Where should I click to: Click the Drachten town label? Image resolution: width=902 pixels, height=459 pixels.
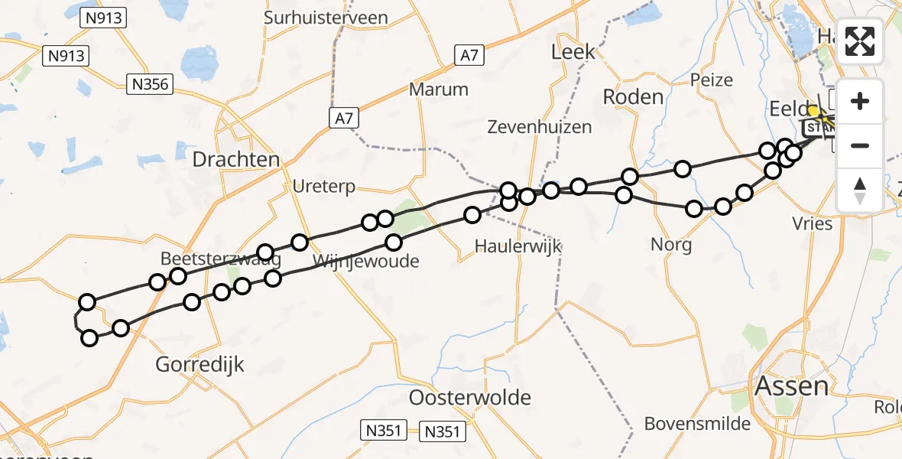[236, 159]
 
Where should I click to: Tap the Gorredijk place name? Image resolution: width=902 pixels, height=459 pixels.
[200, 364]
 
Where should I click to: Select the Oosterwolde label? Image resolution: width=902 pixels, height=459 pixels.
[470, 398]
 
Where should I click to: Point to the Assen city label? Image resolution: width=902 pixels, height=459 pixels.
[791, 386]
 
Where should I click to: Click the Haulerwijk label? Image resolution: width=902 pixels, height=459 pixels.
[518, 246]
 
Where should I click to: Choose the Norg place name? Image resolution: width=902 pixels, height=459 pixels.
[671, 245]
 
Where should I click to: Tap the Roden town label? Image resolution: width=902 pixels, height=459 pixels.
[633, 96]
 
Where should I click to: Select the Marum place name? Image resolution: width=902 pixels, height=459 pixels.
[438, 89]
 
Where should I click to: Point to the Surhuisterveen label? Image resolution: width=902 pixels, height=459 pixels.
[326, 17]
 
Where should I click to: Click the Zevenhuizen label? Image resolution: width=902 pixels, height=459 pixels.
[540, 127]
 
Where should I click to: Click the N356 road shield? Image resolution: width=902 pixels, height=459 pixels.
[150, 84]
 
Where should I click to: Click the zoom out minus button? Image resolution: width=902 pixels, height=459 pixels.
[860, 145]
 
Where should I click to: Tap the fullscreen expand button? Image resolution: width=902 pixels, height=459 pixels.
[860, 41]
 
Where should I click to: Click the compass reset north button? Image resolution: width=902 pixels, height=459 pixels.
[860, 190]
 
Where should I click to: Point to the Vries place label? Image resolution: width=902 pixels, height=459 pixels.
[813, 223]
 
